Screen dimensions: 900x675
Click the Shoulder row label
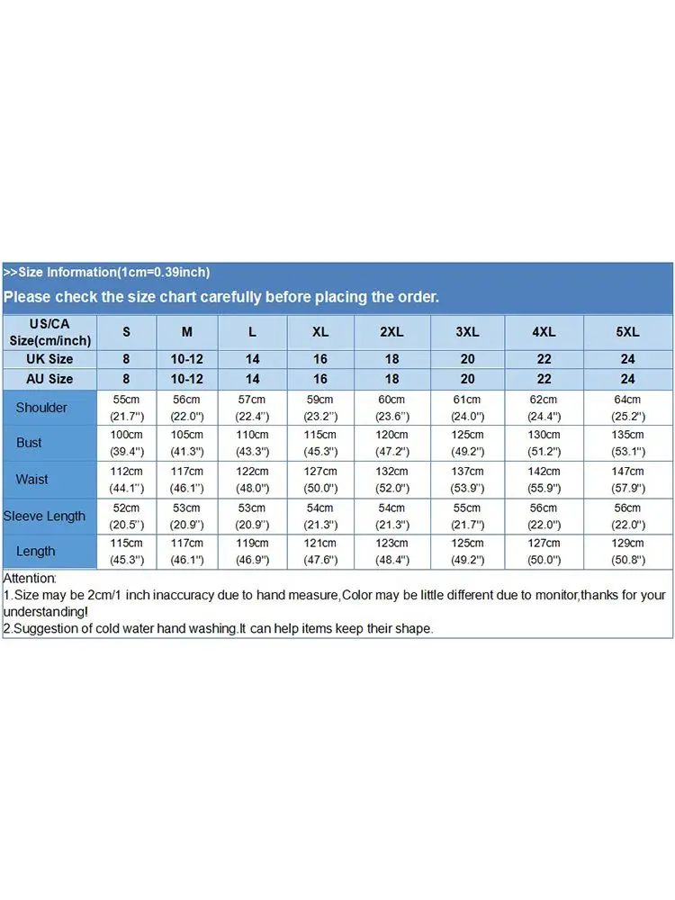pyautogui.click(x=41, y=408)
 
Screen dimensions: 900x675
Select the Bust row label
pyautogui.click(x=29, y=443)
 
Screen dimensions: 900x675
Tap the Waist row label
pyautogui.click(x=31, y=480)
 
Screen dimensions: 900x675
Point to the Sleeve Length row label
pyautogui.click(x=44, y=516)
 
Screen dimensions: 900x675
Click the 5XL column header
pyautogui.click(x=627, y=331)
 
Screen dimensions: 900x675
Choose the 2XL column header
pyautogui.click(x=391, y=331)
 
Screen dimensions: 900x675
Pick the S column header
pyautogui.click(x=126, y=331)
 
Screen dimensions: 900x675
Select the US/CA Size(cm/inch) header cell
pyautogui.click(x=49, y=331)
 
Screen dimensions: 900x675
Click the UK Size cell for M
pyautogui.click(x=187, y=359)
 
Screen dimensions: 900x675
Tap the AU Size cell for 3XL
pyautogui.click(x=467, y=379)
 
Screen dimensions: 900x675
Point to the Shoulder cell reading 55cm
pyautogui.click(x=126, y=407)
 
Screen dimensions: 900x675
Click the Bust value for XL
pyautogui.click(x=320, y=443)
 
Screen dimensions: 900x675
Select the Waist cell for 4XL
pyautogui.click(x=544, y=480)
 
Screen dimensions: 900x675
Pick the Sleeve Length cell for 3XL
pyautogui.click(x=467, y=516)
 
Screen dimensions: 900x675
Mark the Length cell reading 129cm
pyautogui.click(x=627, y=551)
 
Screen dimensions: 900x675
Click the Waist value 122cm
pyautogui.click(x=252, y=480)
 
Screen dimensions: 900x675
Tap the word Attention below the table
pyautogui.click(x=30, y=578)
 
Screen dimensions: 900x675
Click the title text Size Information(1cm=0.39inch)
pyautogui.click(x=113, y=272)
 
